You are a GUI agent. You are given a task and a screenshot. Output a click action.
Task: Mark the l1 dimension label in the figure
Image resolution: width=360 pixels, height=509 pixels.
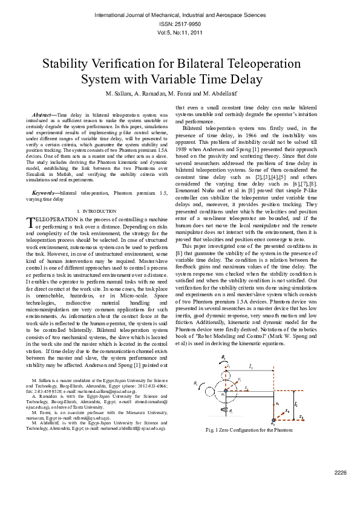pos(250,366)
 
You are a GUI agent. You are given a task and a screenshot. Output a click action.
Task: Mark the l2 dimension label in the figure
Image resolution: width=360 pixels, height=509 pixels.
pos(295,403)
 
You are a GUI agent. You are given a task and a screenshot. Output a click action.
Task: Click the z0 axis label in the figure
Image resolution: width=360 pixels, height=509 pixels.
pos(301,417)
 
